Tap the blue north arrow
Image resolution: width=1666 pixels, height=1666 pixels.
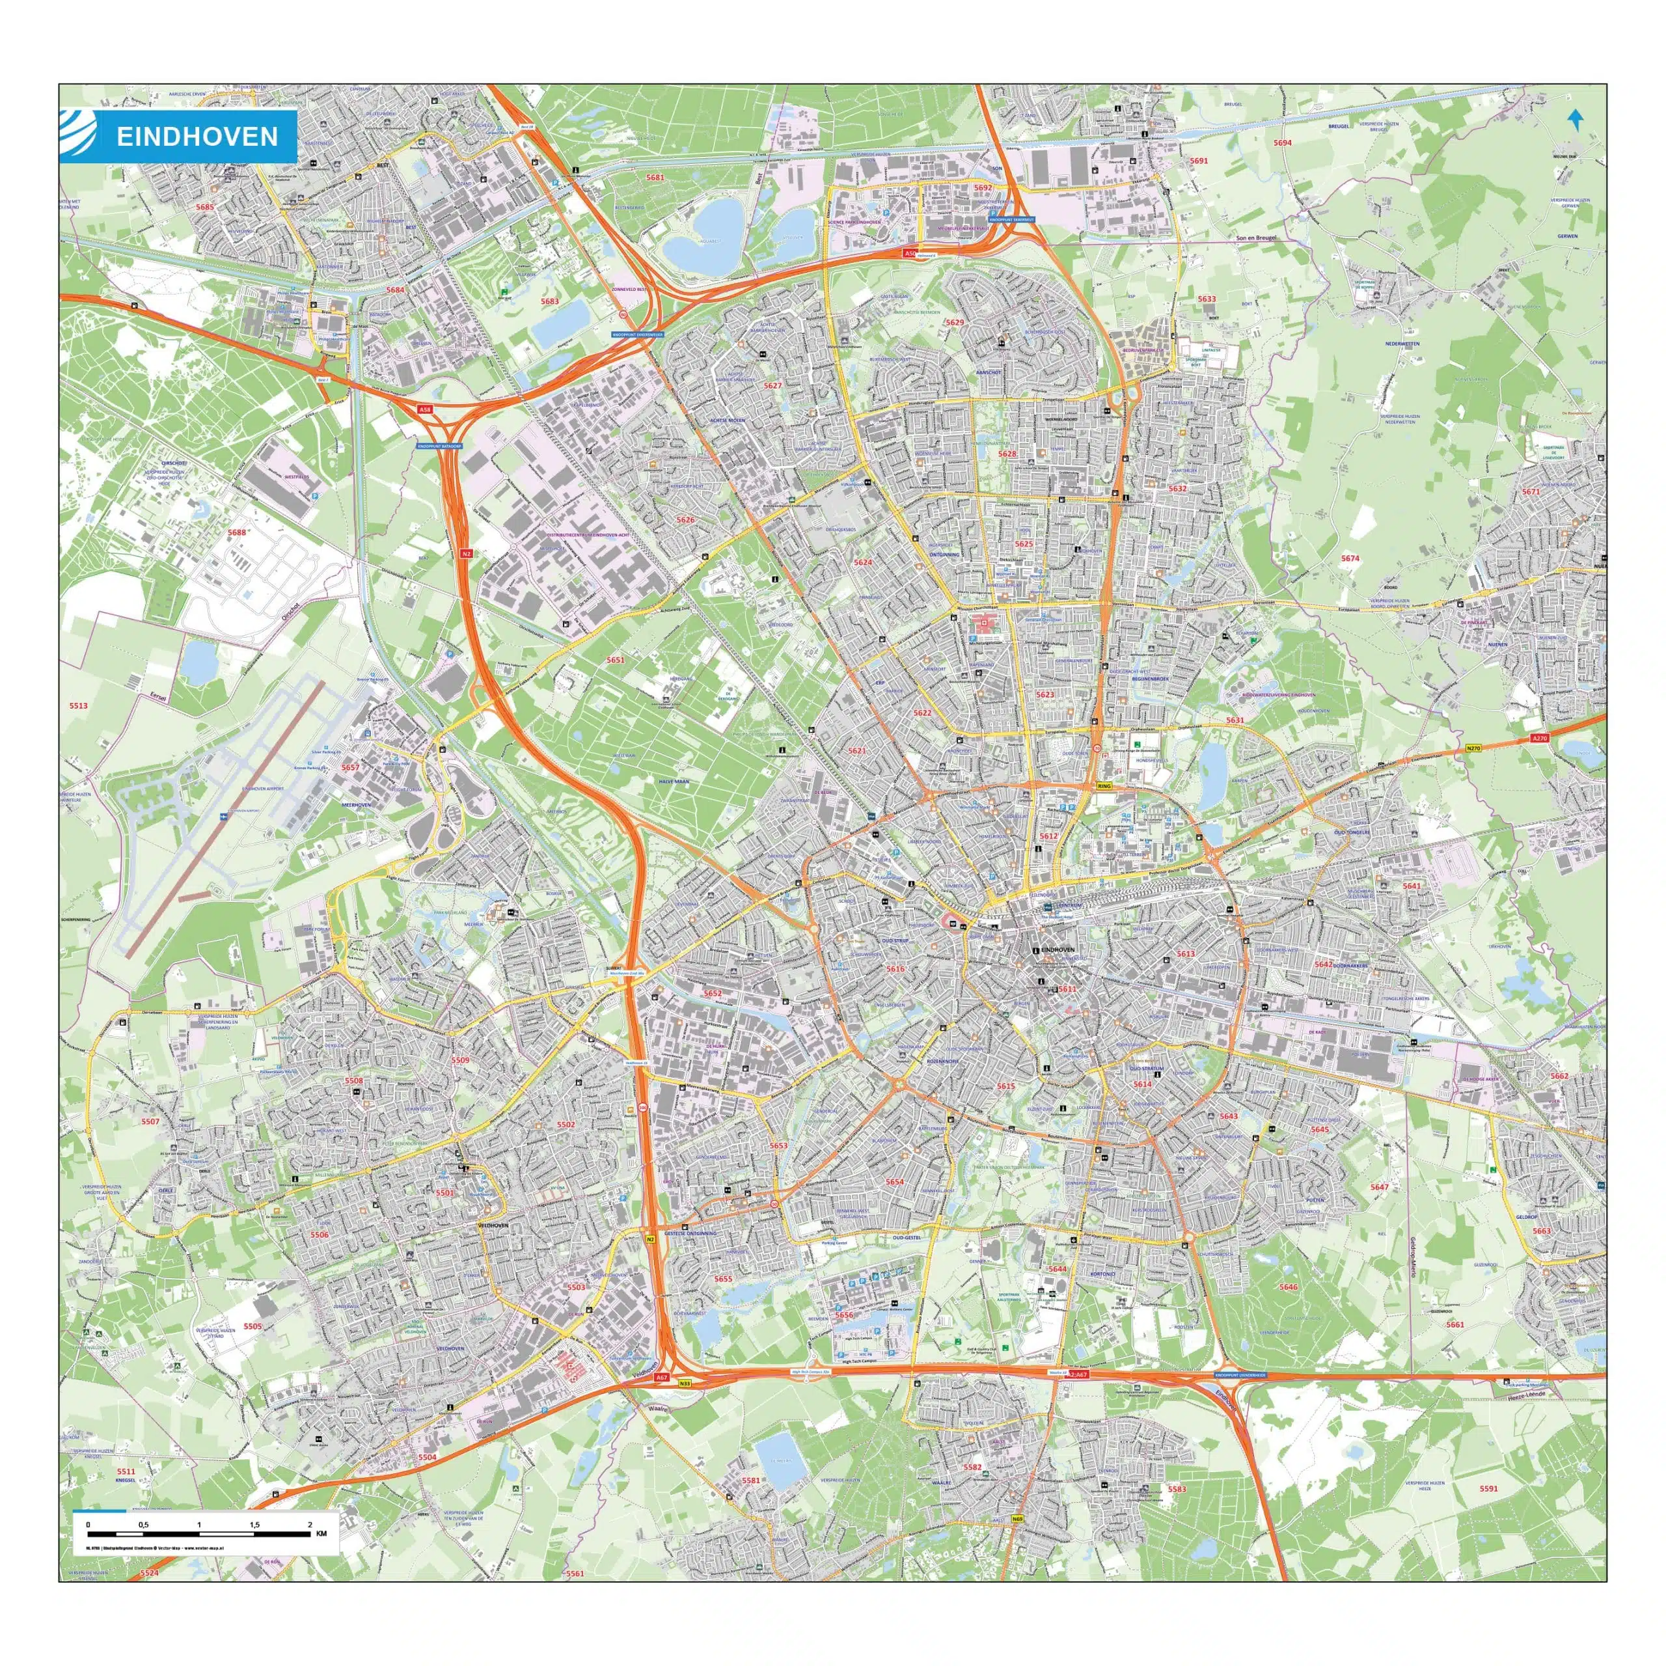click(x=1576, y=120)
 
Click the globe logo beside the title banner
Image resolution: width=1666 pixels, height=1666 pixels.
click(x=77, y=136)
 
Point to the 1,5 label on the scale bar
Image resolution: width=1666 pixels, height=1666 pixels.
click(x=254, y=1525)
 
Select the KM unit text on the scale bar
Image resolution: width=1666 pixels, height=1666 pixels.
click(x=321, y=1534)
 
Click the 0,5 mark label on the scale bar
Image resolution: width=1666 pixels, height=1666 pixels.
click(x=143, y=1525)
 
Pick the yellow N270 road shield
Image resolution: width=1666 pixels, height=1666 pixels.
click(x=1473, y=748)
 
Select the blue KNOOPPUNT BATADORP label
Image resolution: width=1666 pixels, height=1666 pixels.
click(x=440, y=446)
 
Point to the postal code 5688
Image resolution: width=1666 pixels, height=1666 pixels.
click(x=237, y=533)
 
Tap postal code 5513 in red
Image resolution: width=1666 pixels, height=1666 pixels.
click(x=79, y=705)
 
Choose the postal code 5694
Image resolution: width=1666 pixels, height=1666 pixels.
click(x=1283, y=143)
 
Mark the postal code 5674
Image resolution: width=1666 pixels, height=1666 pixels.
click(x=1350, y=559)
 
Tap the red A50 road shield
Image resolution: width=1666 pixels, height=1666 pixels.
click(x=909, y=254)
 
